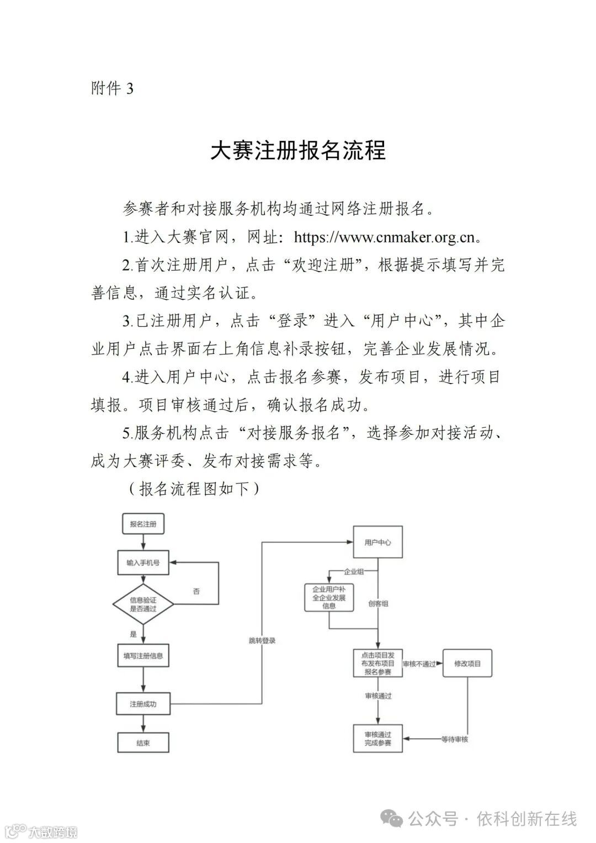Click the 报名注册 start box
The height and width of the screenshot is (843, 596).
pyautogui.click(x=143, y=524)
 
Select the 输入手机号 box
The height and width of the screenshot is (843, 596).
pyautogui.click(x=143, y=563)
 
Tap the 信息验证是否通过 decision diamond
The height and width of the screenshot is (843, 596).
pyautogui.click(x=143, y=604)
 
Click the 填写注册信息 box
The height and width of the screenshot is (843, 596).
pyautogui.click(x=143, y=656)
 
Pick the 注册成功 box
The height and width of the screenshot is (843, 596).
pyautogui.click(x=143, y=704)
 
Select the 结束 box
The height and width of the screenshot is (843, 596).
pyautogui.click(x=143, y=743)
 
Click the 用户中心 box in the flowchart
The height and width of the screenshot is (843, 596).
pyautogui.click(x=378, y=542)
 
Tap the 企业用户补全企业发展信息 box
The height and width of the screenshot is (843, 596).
pyautogui.click(x=329, y=597)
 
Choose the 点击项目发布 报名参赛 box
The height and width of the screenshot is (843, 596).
pyautogui.click(x=378, y=664)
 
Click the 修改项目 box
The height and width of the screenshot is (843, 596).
pyautogui.click(x=467, y=664)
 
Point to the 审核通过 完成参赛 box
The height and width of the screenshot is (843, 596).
pyautogui.click(x=378, y=739)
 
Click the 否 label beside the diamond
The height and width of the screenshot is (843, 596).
pyautogui.click(x=196, y=591)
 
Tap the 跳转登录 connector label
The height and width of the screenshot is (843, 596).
pyautogui.click(x=262, y=641)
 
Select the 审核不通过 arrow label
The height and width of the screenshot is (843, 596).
pyautogui.click(x=419, y=664)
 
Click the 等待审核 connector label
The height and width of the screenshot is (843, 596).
pyautogui.click(x=455, y=739)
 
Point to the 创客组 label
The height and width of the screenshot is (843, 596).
pyautogui.click(x=378, y=604)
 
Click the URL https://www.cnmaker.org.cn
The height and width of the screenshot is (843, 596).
pyautogui.click(x=384, y=237)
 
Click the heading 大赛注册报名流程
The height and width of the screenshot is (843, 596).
pyautogui.click(x=298, y=150)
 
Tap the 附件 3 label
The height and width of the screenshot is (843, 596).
pyautogui.click(x=112, y=88)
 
